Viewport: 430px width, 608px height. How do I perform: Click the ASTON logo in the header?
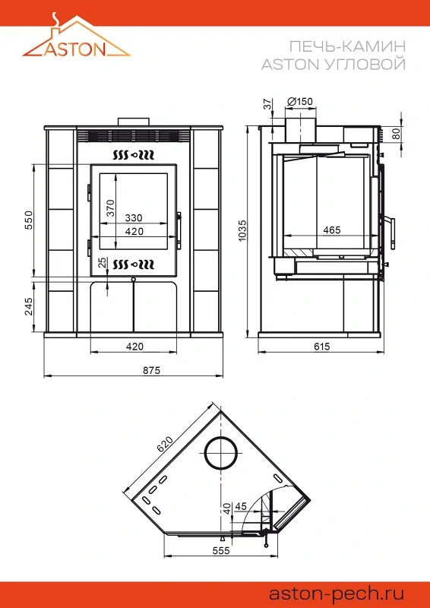click(77, 36)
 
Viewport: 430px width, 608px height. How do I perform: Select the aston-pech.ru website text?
click(337, 594)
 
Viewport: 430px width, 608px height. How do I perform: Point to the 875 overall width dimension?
click(152, 370)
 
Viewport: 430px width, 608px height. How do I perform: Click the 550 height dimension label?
click(30, 220)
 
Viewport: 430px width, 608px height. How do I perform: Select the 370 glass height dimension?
click(110, 208)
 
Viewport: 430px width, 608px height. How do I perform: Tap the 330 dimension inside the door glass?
click(134, 217)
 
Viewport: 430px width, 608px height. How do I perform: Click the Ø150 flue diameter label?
click(300, 102)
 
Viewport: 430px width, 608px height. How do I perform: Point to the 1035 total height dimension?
click(242, 231)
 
